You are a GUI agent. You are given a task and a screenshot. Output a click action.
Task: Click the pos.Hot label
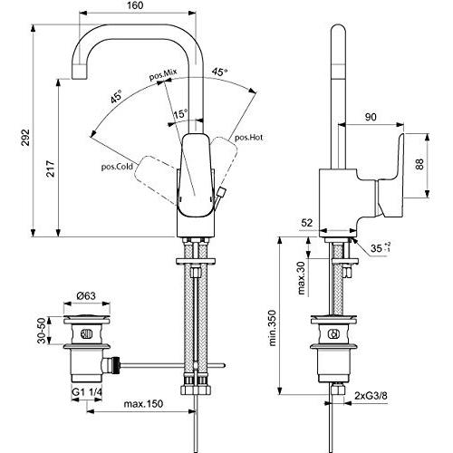pyautogui.click(x=248, y=138)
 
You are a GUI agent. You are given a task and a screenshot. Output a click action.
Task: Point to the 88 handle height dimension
pyautogui.click(x=434, y=163)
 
